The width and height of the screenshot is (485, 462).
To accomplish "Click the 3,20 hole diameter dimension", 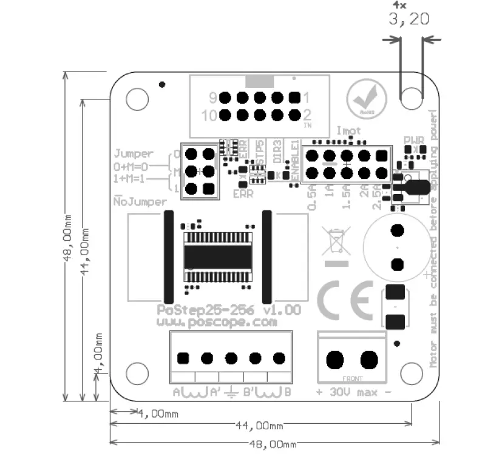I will (x=409, y=19).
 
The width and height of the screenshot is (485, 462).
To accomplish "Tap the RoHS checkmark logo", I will (x=365, y=99).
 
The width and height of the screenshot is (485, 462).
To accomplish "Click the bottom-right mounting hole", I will (x=412, y=369).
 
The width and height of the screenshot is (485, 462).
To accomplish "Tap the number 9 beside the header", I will (x=213, y=97).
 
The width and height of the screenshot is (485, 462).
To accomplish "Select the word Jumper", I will (x=134, y=154).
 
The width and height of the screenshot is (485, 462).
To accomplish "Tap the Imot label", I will (x=348, y=131).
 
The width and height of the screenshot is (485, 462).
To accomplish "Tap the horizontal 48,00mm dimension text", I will (x=273, y=444).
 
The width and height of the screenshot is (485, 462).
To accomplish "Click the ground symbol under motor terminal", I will (x=231, y=392).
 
